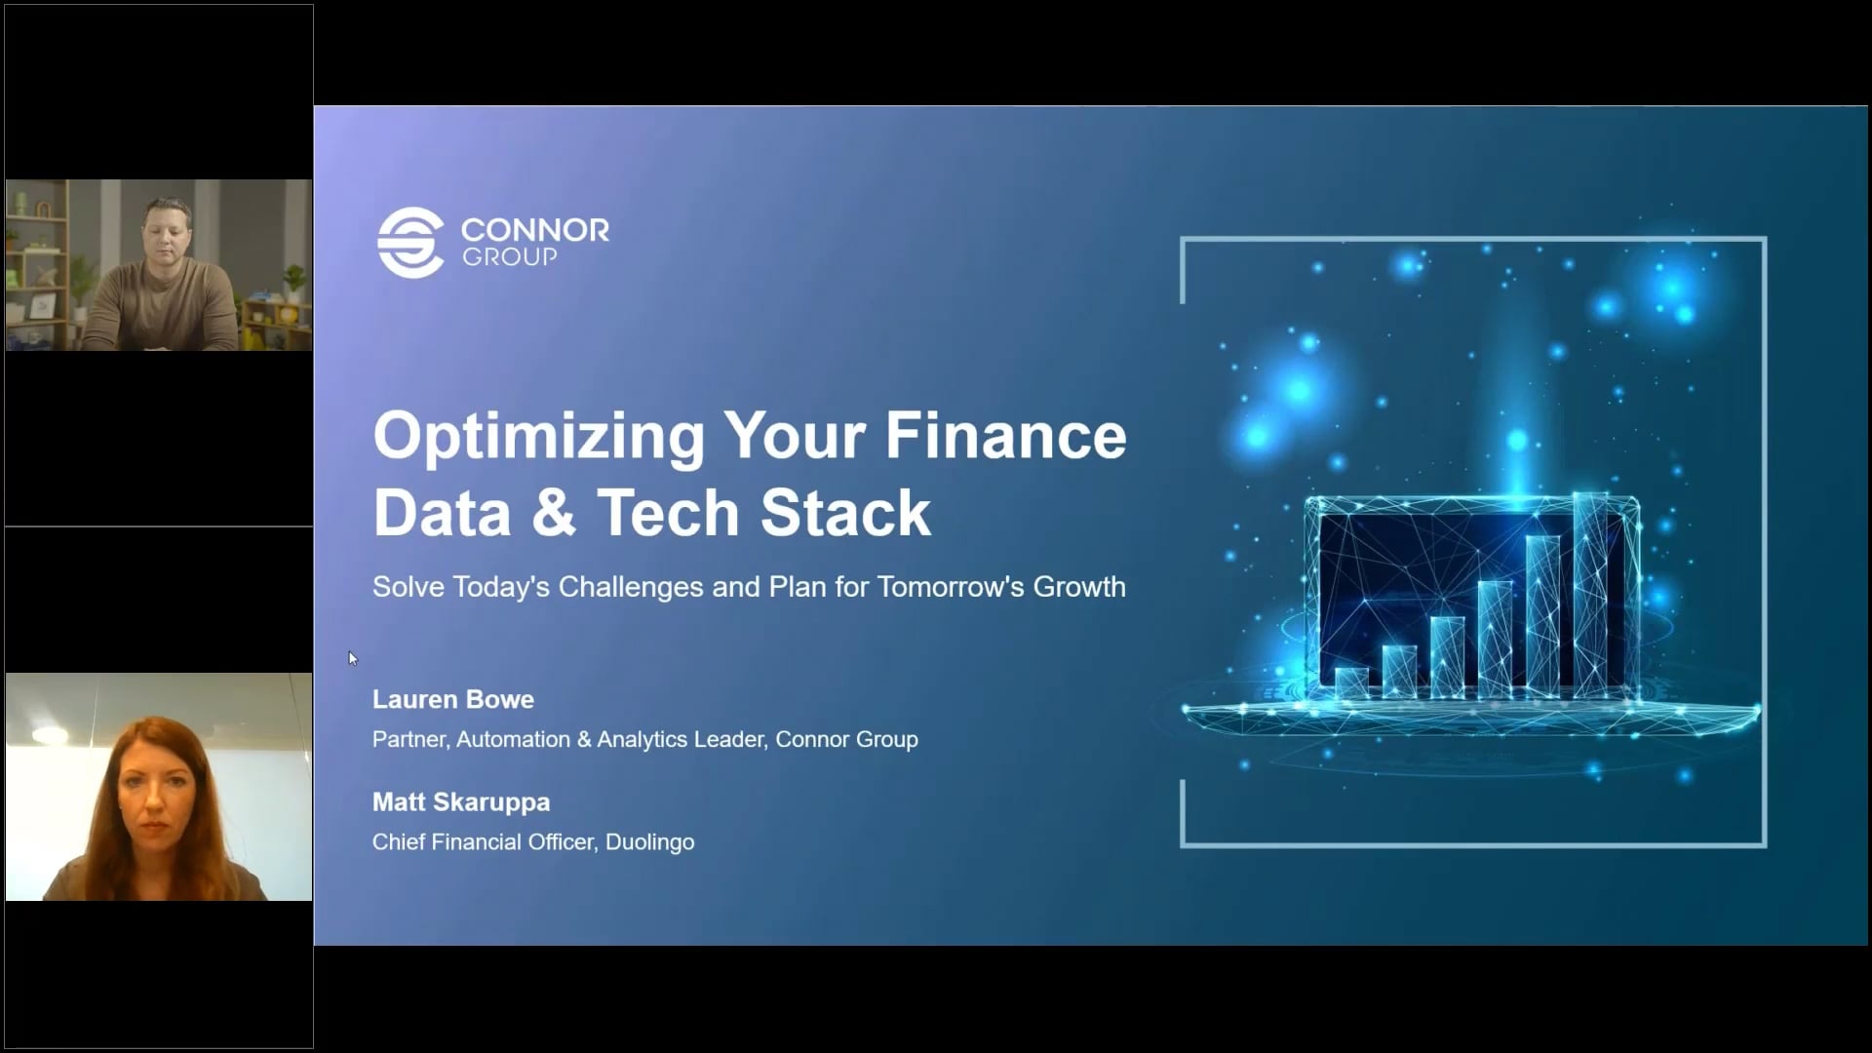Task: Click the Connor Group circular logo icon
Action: click(410, 243)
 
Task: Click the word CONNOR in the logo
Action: click(534, 231)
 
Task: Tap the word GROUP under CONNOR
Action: click(509, 257)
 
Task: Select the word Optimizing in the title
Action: click(538, 436)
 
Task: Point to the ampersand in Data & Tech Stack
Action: click(554, 513)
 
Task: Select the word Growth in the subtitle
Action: click(1079, 587)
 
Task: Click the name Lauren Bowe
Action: click(453, 700)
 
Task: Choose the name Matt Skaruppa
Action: click(461, 802)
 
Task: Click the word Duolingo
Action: click(649, 842)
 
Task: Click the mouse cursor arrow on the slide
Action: click(352, 658)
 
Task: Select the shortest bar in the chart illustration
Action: click(1351, 682)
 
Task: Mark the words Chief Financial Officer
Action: click(483, 842)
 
